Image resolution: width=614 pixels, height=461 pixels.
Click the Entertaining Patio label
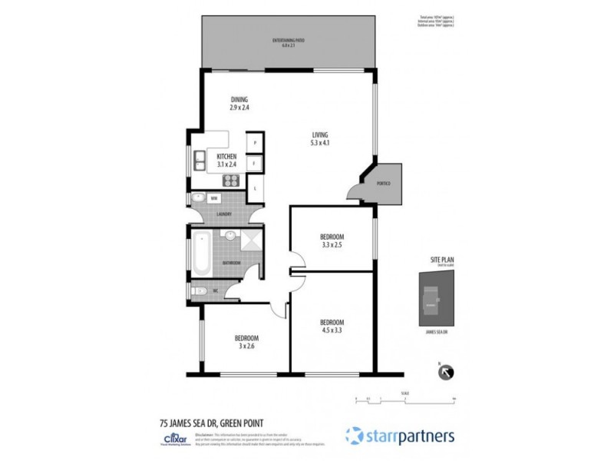click(288, 43)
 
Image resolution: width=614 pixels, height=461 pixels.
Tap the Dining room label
click(240, 104)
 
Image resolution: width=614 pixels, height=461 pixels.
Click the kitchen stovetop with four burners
click(230, 181)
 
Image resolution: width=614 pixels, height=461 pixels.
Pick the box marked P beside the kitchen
click(255, 143)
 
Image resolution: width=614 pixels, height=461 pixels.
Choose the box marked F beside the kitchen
click(255, 164)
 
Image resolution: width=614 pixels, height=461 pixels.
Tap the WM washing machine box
click(214, 198)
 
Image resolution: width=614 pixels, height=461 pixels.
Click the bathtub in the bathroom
click(200, 254)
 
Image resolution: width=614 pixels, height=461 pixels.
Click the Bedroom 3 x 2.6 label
click(246, 343)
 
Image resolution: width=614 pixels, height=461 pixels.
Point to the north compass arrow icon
click(444, 372)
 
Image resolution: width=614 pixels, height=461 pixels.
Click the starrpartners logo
click(400, 436)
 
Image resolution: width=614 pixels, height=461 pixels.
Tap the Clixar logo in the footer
click(170, 436)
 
